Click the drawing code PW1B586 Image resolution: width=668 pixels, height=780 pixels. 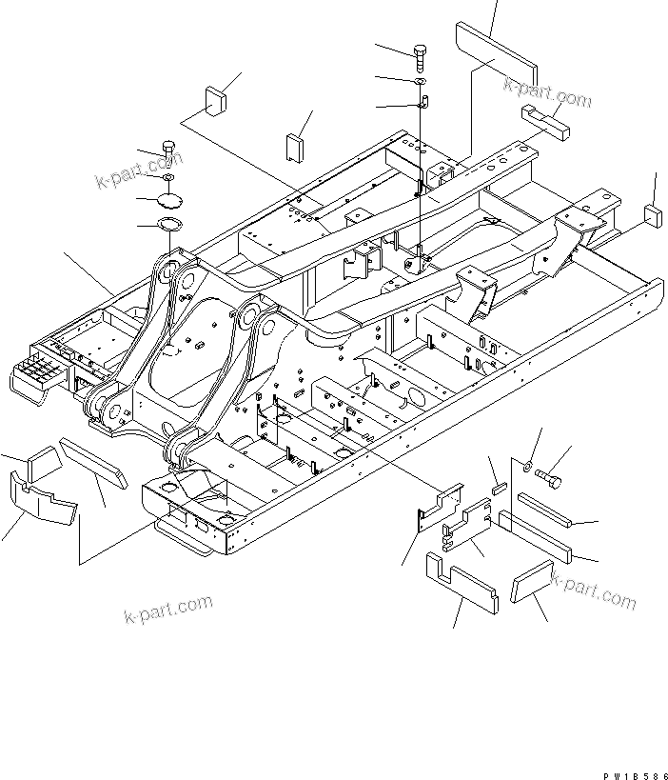pyautogui.click(x=632, y=764)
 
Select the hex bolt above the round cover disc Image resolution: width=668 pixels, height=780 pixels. pyautogui.click(x=169, y=151)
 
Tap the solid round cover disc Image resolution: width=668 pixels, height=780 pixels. pyautogui.click(x=169, y=200)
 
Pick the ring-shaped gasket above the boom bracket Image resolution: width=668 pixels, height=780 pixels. pyautogui.click(x=169, y=226)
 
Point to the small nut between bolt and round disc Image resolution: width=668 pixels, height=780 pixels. pyautogui.click(x=168, y=177)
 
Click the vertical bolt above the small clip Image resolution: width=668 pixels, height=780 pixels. pyautogui.click(x=420, y=53)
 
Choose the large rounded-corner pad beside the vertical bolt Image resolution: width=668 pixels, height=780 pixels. pyautogui.click(x=496, y=56)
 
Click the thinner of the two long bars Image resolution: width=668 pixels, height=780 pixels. pyautogui.click(x=543, y=510)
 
